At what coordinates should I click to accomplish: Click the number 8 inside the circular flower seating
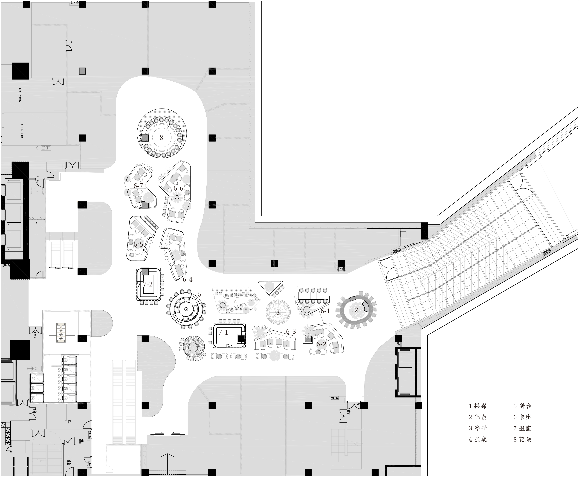[x=161, y=138]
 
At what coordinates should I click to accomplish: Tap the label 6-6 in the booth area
[x=178, y=189]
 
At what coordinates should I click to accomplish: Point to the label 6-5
[x=138, y=244]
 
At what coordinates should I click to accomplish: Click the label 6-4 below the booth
[x=188, y=280]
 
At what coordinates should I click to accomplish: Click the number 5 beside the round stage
[x=200, y=294]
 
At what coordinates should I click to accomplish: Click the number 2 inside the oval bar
[x=356, y=310]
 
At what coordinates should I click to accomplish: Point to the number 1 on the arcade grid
[x=453, y=265]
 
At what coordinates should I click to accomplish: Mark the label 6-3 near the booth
[x=291, y=332]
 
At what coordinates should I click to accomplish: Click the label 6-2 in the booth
[x=321, y=344]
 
